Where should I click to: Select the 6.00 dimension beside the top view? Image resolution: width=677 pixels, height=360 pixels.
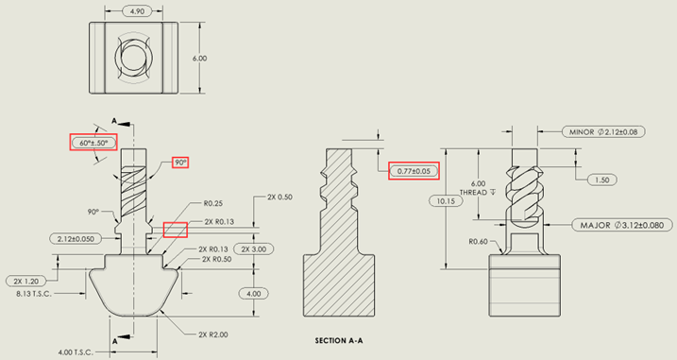tap(199, 59)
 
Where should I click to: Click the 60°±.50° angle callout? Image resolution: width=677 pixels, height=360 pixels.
tap(93, 144)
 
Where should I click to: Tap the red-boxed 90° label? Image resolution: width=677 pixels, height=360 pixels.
tap(181, 163)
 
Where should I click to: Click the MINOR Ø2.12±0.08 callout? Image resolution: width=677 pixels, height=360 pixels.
tap(603, 131)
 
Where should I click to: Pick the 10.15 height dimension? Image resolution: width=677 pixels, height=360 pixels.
tap(441, 200)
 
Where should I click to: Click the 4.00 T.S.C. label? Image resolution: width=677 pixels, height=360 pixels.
tap(78, 351)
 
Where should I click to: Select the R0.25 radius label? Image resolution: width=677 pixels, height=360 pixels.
tap(212, 204)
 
